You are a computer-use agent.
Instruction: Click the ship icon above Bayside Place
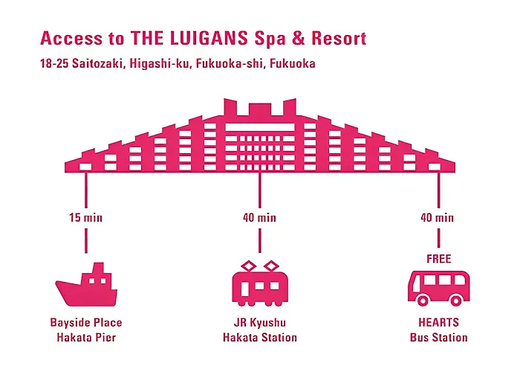tap(86, 286)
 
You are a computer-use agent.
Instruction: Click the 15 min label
tap(86, 218)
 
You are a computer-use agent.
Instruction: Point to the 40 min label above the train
tap(260, 218)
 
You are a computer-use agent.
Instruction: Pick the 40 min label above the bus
tap(438, 218)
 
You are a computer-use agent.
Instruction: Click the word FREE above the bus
tap(438, 259)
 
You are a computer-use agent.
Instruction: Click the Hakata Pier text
tap(86, 338)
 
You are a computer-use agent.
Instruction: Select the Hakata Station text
tap(260, 338)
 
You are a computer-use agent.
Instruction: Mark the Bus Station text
tap(438, 338)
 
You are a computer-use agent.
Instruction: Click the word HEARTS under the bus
tap(438, 323)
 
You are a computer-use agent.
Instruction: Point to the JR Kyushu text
tap(260, 323)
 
